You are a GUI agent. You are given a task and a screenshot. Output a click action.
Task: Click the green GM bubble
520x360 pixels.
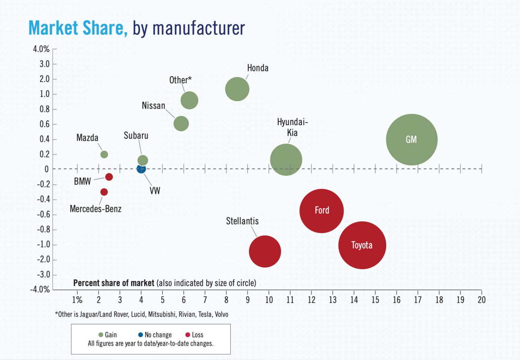411,140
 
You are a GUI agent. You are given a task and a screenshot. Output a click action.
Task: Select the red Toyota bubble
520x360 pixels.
362,245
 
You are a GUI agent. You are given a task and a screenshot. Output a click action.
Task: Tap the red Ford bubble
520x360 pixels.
322,210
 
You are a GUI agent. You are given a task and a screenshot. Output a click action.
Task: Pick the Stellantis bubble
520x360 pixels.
265,251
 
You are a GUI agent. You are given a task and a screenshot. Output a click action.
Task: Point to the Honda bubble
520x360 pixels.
237,89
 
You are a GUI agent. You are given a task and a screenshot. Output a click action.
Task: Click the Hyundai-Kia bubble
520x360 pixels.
286,160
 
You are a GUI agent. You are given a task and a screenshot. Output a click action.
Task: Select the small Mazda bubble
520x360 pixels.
104,154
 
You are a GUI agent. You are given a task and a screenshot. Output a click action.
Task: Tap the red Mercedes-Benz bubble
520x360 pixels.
104,192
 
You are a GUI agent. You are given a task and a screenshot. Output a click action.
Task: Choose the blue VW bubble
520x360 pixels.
140,169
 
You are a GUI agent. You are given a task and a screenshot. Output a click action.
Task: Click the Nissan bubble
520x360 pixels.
181,123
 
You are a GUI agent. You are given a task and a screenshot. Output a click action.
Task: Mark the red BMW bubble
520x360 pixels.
109,177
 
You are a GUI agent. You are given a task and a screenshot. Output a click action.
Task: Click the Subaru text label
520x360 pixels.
136,136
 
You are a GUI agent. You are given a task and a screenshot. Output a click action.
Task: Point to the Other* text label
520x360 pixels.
180,80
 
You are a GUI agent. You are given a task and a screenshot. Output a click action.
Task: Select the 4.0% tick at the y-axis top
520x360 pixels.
41,49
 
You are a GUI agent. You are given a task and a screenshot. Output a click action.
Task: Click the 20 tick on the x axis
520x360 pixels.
481,300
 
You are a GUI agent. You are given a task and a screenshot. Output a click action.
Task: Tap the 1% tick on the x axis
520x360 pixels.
77,300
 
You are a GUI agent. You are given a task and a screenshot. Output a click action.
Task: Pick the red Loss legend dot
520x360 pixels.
187,335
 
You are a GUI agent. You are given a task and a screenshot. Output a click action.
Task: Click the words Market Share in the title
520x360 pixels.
78,28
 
